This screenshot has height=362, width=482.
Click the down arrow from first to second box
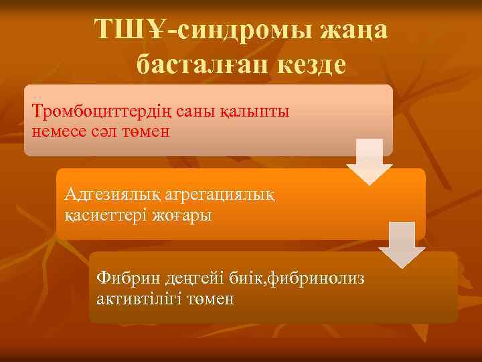tap(369, 162)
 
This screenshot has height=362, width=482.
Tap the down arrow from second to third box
tap(402, 245)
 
